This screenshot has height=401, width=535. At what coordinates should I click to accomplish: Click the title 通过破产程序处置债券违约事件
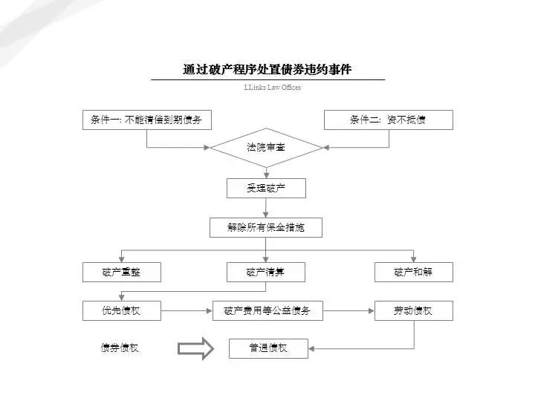click(267, 70)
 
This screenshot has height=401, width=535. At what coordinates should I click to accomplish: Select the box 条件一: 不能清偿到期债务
click(146, 120)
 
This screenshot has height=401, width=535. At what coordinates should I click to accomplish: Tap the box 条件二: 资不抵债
click(388, 120)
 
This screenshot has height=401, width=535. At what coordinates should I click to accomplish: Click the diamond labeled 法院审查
click(266, 148)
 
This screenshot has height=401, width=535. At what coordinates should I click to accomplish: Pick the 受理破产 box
click(266, 188)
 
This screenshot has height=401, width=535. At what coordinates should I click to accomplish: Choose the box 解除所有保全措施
click(266, 227)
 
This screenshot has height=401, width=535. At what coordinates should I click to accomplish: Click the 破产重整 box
click(121, 273)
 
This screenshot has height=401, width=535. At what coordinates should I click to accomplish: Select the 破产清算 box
click(266, 273)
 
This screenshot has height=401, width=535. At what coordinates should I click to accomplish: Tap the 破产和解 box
click(413, 273)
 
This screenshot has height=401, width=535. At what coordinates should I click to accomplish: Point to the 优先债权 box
click(121, 310)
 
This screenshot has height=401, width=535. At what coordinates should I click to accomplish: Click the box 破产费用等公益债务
click(267, 310)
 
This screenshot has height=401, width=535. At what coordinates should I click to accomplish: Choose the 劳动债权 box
click(413, 310)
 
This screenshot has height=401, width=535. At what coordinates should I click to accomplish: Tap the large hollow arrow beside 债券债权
click(196, 349)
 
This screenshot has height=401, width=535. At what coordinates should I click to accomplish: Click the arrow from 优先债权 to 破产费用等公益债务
click(187, 310)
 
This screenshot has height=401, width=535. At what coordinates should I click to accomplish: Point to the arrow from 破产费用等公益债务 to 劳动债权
click(348, 310)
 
